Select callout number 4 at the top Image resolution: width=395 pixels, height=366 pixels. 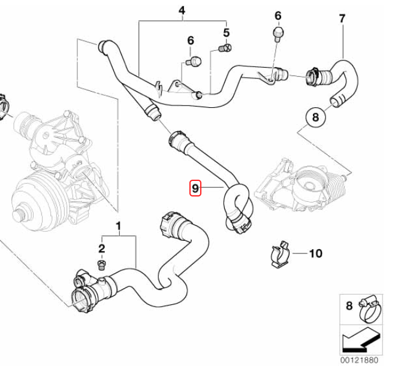(182, 10)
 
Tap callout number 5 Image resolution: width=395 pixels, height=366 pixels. (226, 31)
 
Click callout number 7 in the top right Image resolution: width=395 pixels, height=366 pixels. (342, 18)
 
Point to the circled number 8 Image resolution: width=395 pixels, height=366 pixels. (316, 117)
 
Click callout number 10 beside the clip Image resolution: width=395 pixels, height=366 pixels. (315, 253)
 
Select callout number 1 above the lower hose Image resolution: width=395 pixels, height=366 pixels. (118, 226)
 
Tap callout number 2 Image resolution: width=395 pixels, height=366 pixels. (102, 248)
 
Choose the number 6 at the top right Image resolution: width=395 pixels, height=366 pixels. (278, 15)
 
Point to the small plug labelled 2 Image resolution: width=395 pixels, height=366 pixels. (101, 264)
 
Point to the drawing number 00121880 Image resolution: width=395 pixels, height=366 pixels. (359, 360)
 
